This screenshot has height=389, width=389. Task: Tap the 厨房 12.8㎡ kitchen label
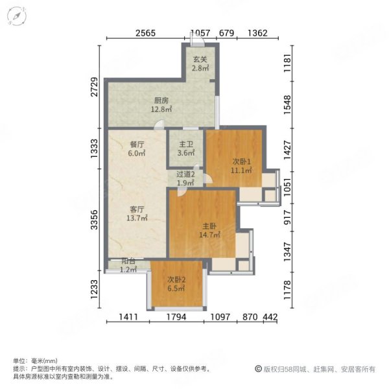click(161, 105)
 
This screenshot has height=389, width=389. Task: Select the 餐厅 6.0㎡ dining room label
click(136, 150)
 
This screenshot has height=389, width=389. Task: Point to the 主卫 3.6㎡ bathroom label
click(186, 150)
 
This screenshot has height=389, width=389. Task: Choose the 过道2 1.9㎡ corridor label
click(186, 178)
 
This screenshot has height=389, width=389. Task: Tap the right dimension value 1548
click(288, 105)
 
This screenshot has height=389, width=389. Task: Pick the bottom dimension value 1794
click(176, 318)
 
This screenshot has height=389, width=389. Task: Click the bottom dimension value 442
click(271, 318)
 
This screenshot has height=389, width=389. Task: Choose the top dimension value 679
click(226, 34)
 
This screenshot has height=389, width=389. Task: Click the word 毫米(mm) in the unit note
click(43, 361)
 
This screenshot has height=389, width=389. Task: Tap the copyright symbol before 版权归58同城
click(257, 368)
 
